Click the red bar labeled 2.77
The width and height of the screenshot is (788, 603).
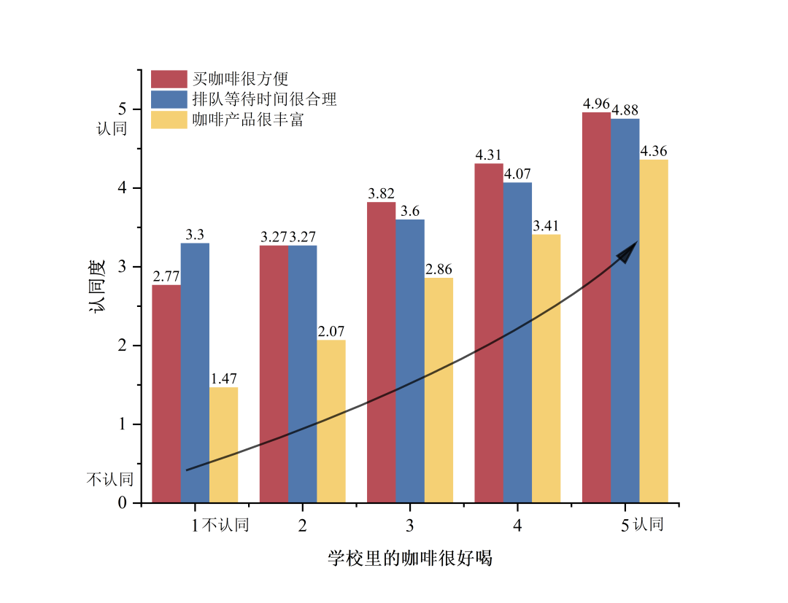click(x=166, y=394)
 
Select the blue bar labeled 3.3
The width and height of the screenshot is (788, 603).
click(x=195, y=372)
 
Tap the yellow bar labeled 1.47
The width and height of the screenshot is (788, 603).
click(x=223, y=445)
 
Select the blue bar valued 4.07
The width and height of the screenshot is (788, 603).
click(x=517, y=343)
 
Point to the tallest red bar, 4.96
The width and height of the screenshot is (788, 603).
click(x=596, y=306)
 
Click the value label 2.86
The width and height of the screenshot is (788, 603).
click(x=439, y=270)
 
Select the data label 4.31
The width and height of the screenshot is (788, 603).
click(x=489, y=155)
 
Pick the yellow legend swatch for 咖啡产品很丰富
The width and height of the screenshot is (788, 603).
click(x=169, y=120)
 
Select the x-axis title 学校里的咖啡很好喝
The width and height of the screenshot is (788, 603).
click(x=410, y=559)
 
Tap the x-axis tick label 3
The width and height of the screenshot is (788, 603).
click(x=410, y=525)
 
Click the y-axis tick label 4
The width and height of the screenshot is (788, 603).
click(x=122, y=188)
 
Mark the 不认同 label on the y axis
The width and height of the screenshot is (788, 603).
click(x=110, y=479)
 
